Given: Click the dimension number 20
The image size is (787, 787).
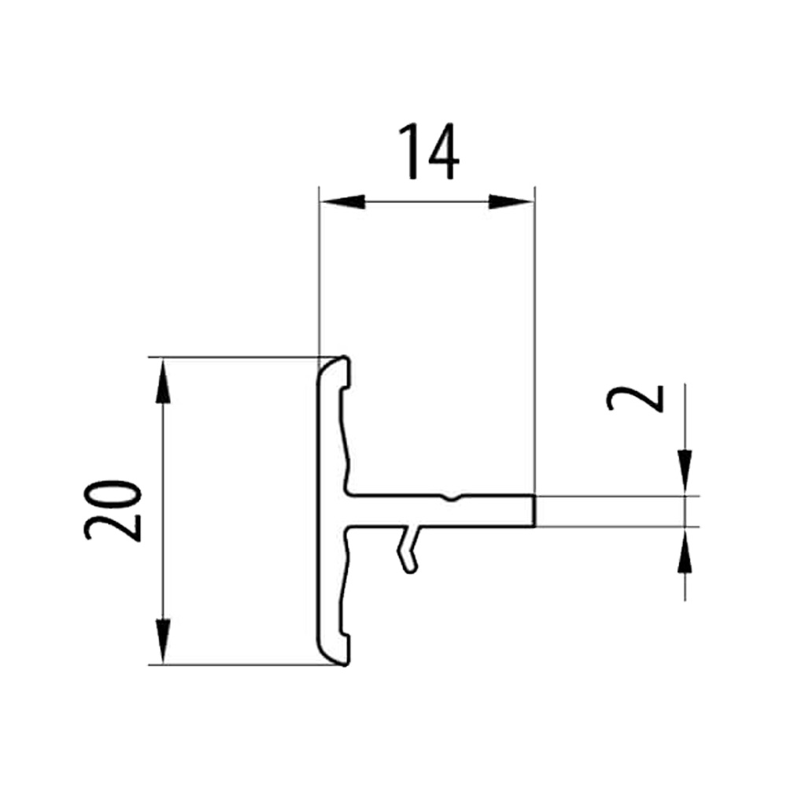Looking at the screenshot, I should [x=113, y=510].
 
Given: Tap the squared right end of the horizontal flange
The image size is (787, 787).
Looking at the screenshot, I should [x=533, y=511].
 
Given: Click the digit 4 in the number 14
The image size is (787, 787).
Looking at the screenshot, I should [x=442, y=152].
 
